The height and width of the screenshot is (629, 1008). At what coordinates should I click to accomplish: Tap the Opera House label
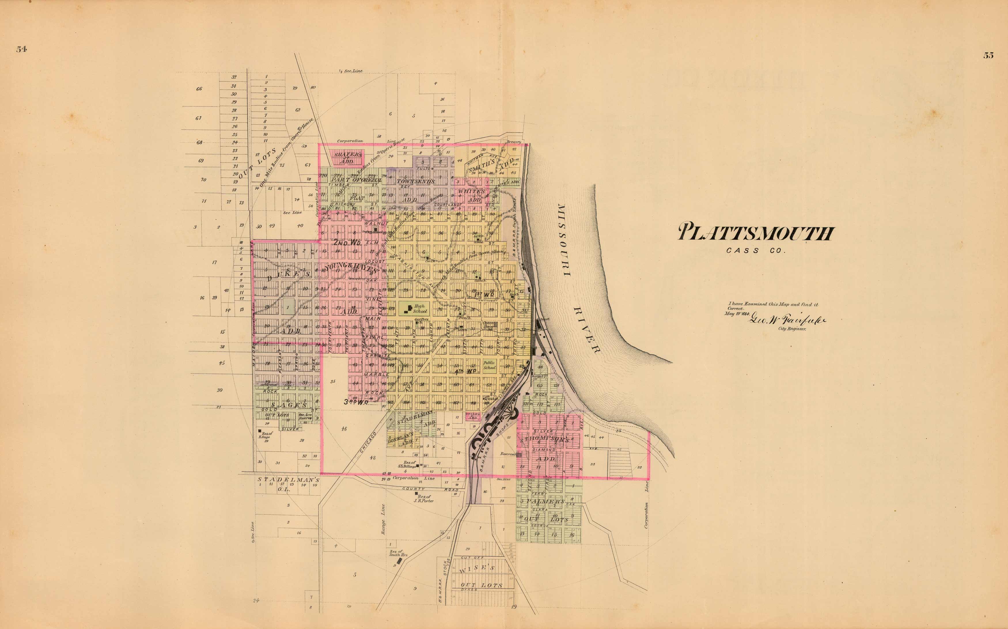(x=488, y=325)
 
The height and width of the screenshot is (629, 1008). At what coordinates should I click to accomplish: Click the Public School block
(x=489, y=365)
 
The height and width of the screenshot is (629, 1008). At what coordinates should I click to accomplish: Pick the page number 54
(x=22, y=49)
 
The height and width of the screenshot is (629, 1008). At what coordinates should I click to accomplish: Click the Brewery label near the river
(x=514, y=142)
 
